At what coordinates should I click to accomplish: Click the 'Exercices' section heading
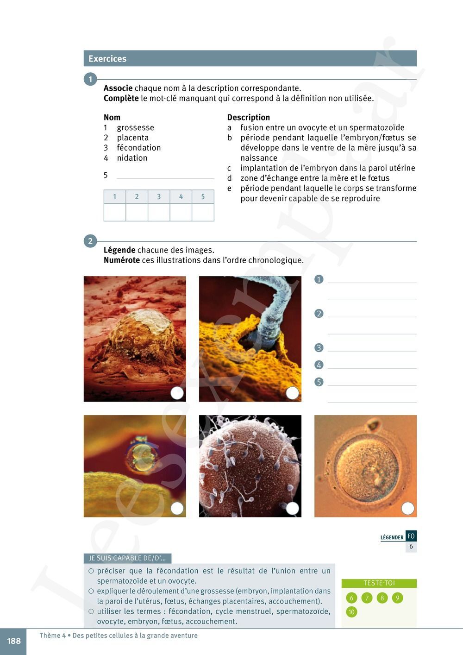tap(107, 59)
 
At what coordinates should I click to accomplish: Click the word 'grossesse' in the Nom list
tap(135, 127)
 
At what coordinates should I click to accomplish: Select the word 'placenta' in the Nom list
tap(132, 138)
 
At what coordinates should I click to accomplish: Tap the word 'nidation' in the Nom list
tap(132, 158)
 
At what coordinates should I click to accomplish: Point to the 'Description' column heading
tap(248, 117)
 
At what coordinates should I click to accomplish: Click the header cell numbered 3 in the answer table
tap(159, 196)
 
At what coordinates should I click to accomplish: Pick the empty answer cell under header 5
tap(203, 212)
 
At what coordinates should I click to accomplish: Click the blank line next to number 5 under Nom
tap(165, 176)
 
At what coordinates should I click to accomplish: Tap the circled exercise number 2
tap(90, 241)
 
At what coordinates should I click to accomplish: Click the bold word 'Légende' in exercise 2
tap(119, 250)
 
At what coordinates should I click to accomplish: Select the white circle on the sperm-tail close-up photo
tap(292, 393)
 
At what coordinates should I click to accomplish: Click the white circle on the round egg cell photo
tap(407, 508)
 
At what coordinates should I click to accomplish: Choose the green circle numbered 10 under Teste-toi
tap(351, 612)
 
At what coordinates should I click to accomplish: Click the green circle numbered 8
tap(382, 598)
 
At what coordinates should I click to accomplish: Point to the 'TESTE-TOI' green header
tap(379, 583)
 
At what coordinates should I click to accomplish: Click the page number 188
tap(14, 641)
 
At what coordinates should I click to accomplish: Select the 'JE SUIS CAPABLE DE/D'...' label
tap(127, 558)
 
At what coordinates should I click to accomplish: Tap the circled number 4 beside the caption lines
tap(319, 365)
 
